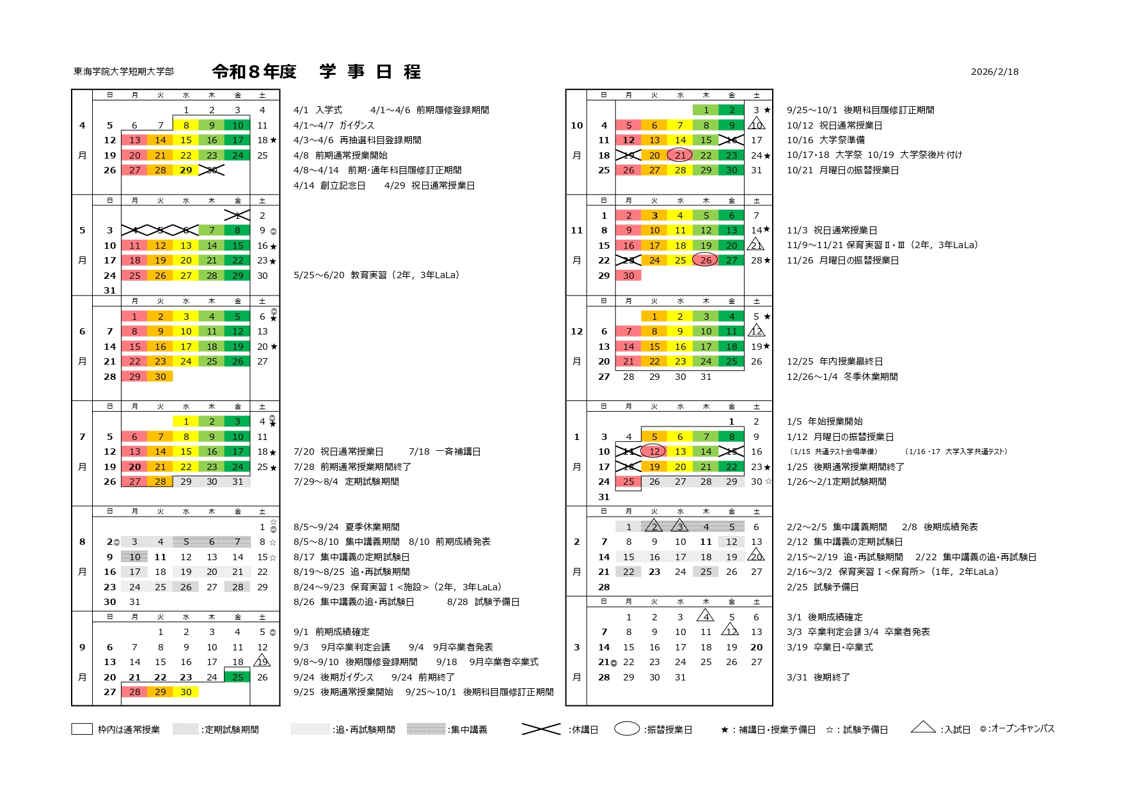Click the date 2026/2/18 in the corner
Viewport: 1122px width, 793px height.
tap(994, 72)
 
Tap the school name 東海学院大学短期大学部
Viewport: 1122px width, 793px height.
tap(123, 72)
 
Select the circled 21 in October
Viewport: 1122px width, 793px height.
tap(679, 155)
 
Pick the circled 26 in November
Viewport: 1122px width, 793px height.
tap(705, 260)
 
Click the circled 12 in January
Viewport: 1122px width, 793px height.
tap(653, 451)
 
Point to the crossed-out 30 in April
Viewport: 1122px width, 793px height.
tap(212, 170)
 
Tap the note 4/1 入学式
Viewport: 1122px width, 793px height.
tap(318, 110)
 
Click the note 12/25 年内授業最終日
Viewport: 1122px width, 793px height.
tap(834, 361)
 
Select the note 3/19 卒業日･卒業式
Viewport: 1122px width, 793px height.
tap(829, 647)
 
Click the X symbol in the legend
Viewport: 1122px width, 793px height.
tap(541, 729)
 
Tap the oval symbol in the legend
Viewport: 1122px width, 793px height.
tap(627, 729)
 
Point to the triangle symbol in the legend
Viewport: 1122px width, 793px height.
tap(922, 727)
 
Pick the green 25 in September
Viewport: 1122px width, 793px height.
tap(237, 677)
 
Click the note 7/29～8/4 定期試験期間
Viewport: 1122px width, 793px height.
tap(345, 482)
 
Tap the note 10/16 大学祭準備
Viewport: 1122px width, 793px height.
tap(825, 140)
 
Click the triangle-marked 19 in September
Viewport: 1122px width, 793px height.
tap(262, 662)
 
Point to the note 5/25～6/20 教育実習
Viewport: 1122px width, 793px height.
tap(376, 276)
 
